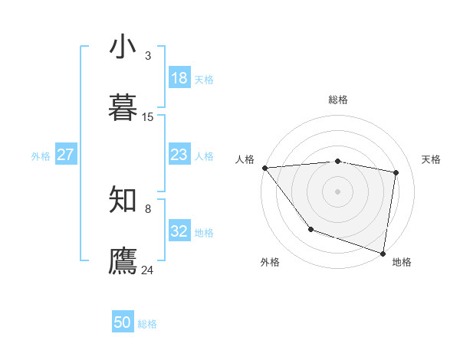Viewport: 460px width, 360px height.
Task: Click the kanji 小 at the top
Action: click(123, 47)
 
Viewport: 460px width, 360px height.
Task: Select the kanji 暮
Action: click(123, 106)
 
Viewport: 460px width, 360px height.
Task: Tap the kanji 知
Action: click(123, 199)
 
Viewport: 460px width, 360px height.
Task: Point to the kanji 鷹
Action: click(123, 260)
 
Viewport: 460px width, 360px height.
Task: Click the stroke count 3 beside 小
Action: click(148, 56)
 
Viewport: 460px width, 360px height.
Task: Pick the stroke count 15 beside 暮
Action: click(148, 117)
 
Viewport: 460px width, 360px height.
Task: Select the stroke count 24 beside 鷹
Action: click(148, 270)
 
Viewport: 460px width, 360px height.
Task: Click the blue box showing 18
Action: click(179, 78)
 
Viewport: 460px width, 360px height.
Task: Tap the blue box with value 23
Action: click(179, 155)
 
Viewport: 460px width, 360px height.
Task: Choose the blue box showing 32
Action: click(179, 231)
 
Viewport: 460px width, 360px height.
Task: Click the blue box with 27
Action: click(65, 155)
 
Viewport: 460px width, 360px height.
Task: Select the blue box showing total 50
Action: click(123, 322)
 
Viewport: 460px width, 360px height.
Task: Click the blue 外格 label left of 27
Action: click(41, 156)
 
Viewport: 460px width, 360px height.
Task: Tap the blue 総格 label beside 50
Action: click(147, 324)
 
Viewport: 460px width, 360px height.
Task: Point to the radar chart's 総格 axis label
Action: click(338, 100)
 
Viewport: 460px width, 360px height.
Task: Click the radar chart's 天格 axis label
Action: click(432, 159)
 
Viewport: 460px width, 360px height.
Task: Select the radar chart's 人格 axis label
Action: click(245, 159)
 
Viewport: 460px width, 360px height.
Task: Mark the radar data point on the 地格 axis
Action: click(383, 252)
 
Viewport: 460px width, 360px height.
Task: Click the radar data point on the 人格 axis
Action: click(264, 168)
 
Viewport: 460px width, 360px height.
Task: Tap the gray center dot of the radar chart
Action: click(338, 191)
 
